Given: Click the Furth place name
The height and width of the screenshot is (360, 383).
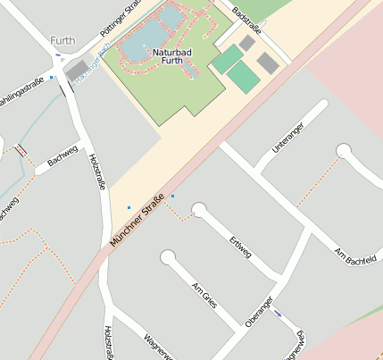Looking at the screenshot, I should point(63,41).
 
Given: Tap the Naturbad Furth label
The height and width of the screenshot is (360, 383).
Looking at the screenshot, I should point(165,55).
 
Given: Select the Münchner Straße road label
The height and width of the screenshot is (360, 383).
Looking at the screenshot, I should point(138,220).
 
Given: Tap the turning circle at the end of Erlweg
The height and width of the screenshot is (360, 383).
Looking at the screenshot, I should point(199,210).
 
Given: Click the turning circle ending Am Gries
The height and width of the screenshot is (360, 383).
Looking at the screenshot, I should point(168,258).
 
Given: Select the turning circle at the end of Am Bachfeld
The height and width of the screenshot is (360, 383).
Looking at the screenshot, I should point(344,149).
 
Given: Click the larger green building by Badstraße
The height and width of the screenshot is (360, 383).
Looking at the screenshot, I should point(243,77).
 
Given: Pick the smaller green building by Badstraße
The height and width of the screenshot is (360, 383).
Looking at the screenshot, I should point(227,59).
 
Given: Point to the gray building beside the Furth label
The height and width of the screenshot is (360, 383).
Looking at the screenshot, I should point(76,71).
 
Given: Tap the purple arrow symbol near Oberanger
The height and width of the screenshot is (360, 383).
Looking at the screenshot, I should point(280,313).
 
